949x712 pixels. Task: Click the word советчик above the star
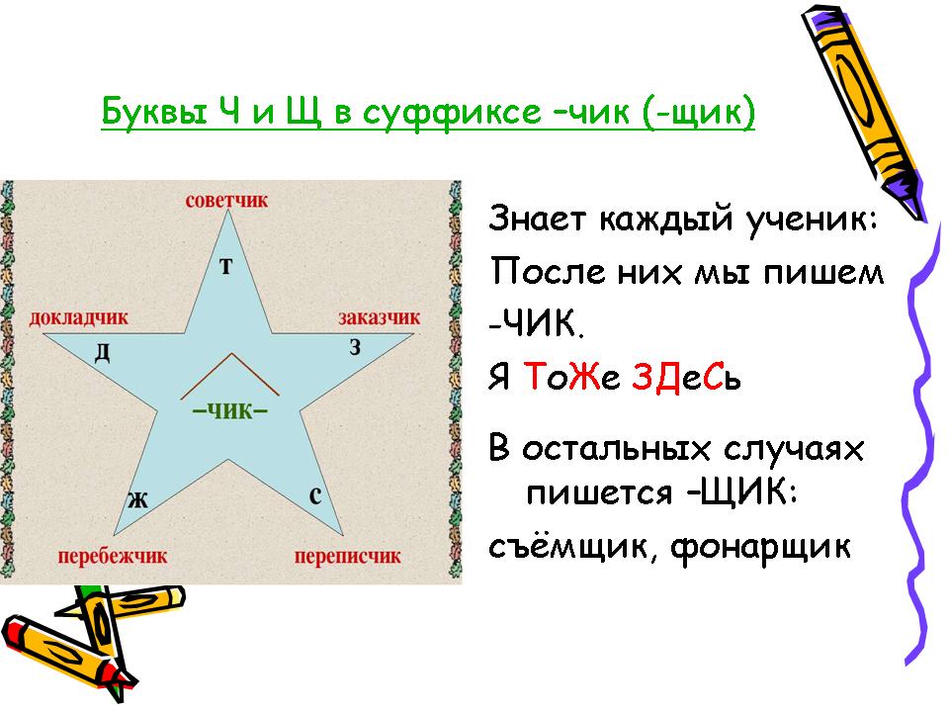226,201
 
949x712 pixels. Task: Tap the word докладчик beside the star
79,317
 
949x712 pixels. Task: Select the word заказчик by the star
379,317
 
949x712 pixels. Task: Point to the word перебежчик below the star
112,556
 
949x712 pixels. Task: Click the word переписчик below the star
347,556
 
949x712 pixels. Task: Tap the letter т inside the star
225,266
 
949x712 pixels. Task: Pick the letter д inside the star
102,352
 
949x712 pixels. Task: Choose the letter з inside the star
355,347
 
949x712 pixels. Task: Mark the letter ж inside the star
138,500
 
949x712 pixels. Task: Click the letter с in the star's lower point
315,495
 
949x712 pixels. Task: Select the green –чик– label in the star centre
229,410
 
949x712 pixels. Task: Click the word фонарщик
761,548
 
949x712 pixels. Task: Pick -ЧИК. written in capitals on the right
536,324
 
